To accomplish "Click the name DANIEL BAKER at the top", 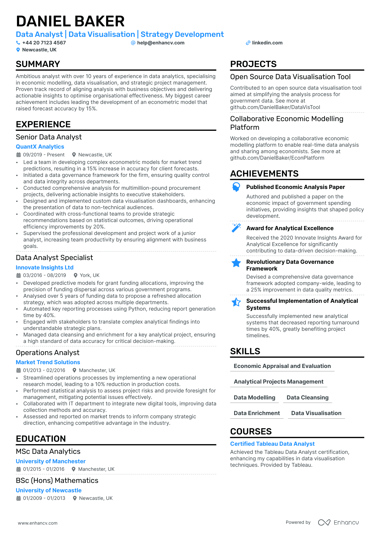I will click(70, 21).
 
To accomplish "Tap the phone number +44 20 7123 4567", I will click(44, 43).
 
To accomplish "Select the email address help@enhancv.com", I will click(161, 43).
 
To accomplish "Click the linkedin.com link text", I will click(267, 43).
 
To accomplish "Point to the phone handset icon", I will click(18, 43).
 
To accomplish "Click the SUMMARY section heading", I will click(38, 64).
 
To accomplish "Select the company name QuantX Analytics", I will click(40, 147).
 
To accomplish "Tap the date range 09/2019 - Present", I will click(44, 155).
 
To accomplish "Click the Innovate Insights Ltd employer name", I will click(44, 268).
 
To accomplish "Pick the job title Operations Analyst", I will click(47, 353).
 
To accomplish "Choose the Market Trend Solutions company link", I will click(48, 362).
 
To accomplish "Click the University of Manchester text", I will click(50, 461).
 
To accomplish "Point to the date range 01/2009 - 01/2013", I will click(44, 498).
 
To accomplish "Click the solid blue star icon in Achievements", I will click(236, 263).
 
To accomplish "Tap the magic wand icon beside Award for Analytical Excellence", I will click(236, 228).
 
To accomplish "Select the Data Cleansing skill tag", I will click(308, 398).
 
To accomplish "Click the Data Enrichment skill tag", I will click(257, 413).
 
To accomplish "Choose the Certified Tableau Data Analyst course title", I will click(272, 444).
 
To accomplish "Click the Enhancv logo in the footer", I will click(338, 522).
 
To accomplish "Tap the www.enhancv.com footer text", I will click(38, 523).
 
